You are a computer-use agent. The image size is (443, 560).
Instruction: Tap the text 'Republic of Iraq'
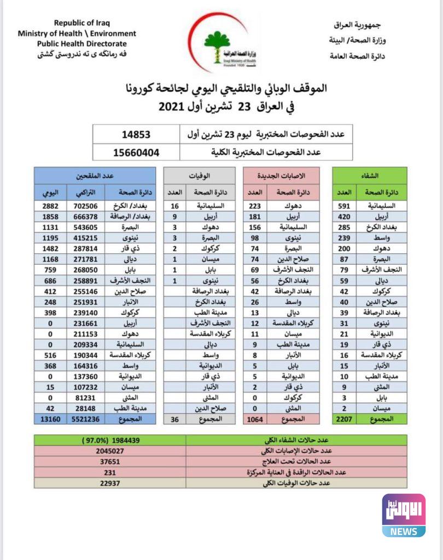coord(81,23)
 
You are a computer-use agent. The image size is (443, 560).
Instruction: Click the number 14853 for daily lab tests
coord(136,134)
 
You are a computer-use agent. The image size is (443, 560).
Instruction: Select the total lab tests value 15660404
coord(136,151)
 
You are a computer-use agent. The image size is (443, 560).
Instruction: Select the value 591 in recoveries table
coord(344,206)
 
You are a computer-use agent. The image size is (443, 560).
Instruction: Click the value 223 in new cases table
coord(255,206)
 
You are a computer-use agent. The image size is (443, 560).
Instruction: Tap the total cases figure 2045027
coord(109,451)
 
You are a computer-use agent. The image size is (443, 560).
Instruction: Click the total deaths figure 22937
coord(109,483)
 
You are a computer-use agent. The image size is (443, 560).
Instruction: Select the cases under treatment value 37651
coord(109,462)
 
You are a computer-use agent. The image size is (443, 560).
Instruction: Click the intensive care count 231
coord(109,472)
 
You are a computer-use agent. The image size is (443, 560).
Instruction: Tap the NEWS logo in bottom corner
coord(404,515)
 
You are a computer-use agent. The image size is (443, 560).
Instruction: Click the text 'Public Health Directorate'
coord(81,44)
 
